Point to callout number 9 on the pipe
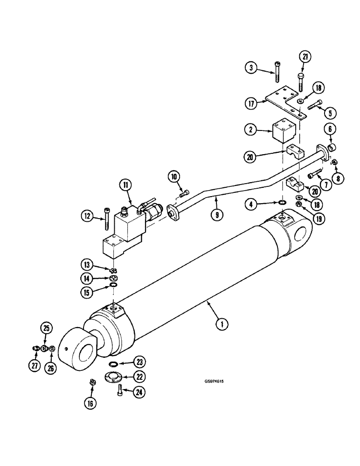216,215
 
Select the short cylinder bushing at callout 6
332,149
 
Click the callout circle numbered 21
305,57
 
